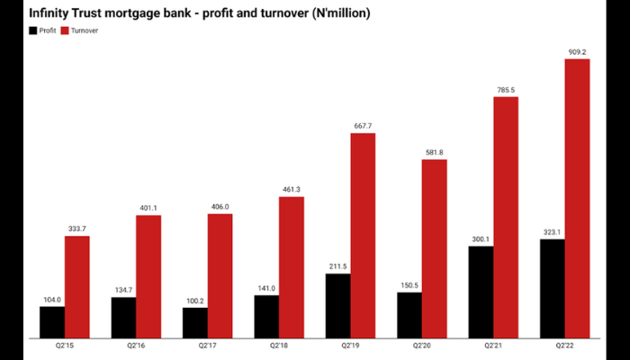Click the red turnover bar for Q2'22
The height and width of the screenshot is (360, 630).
pyautogui.click(x=577, y=197)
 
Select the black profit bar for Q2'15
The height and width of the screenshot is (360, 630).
pyautogui.click(x=52, y=320)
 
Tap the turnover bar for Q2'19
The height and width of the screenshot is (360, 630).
pyautogui.click(x=363, y=234)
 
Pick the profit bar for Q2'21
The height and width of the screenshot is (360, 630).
pyautogui.click(x=481, y=290)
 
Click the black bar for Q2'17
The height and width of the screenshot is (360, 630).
pyautogui.click(x=195, y=321)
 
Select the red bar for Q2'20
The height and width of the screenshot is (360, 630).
pyautogui.click(x=434, y=247)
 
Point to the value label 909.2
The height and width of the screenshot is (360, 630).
pyautogui.click(x=577, y=51)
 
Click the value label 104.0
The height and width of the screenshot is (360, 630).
pyautogui.click(x=52, y=299)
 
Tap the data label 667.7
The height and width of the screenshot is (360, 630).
pyautogui.click(x=363, y=126)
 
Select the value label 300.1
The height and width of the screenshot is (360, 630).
pyautogui.click(x=481, y=238)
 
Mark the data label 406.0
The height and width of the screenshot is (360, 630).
pyautogui.click(x=220, y=206)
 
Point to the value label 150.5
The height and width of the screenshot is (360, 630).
pyautogui.click(x=409, y=285)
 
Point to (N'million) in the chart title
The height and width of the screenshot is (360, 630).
pyautogui.click(x=335, y=13)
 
